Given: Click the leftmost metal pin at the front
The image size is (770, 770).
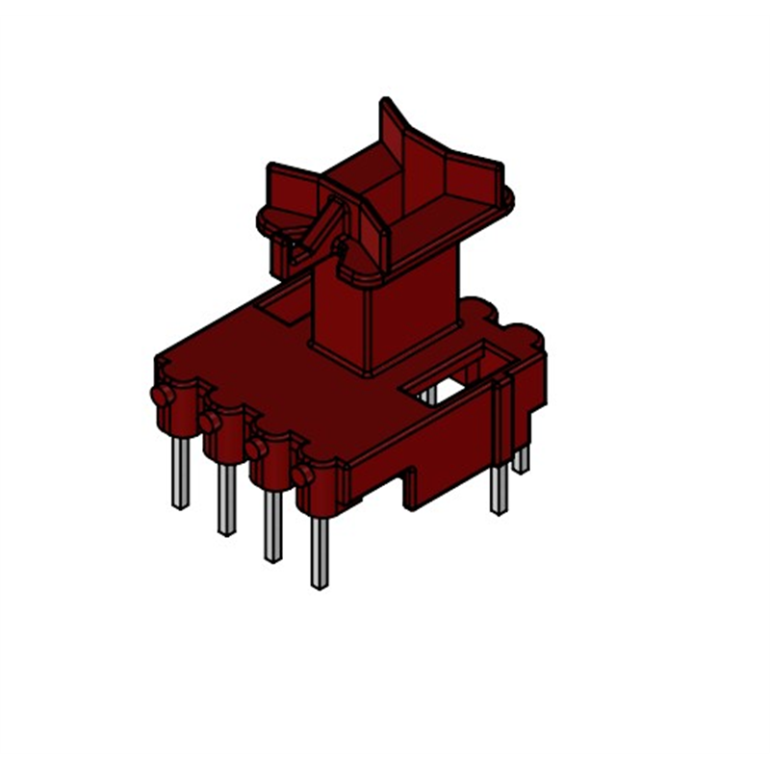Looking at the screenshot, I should tap(179, 472).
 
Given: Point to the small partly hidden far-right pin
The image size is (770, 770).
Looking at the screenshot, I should tap(522, 459).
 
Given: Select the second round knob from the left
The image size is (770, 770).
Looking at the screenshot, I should tap(209, 423).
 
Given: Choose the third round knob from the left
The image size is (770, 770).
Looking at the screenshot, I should tap(255, 449).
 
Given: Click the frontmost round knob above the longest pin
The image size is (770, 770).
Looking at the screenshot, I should tap(301, 475).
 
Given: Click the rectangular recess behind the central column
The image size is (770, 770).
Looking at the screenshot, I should tap(286, 307).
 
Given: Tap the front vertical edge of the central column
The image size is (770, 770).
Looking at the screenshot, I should tap(369, 327).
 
